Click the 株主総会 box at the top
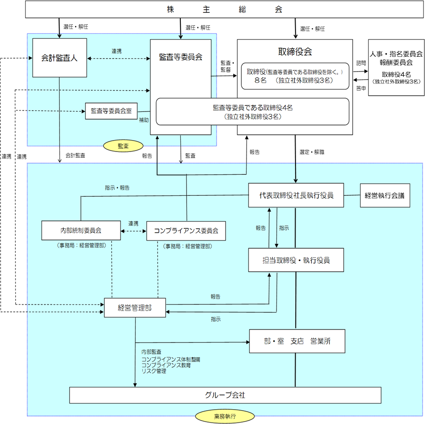tap(224, 10)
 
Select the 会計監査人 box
tap(60, 58)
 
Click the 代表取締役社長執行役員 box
tap(297, 195)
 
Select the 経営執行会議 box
tap(385, 195)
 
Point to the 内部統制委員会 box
tap(81, 231)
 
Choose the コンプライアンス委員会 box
tap(186, 231)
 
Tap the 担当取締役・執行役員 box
tap(297, 260)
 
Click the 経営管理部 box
tap(135, 308)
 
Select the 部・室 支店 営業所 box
tap(297, 341)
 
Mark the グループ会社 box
tap(225, 395)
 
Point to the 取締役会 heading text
tap(295, 51)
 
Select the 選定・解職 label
tap(312, 152)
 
